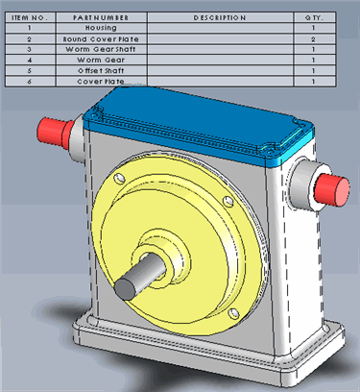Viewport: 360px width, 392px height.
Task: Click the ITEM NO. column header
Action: click(30, 17)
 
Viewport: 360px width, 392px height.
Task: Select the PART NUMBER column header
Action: click(101, 17)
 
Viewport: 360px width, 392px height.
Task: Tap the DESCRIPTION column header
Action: click(220, 17)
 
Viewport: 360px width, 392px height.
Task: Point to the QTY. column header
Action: click(314, 17)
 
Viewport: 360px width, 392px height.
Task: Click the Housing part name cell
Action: click(101, 28)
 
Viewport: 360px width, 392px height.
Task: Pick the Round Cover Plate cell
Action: click(101, 39)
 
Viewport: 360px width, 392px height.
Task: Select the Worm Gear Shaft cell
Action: click(101, 49)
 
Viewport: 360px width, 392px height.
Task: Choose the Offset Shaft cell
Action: click(101, 70)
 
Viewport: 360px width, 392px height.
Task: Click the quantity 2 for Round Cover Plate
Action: click(314, 39)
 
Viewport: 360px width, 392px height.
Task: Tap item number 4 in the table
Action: click(30, 60)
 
